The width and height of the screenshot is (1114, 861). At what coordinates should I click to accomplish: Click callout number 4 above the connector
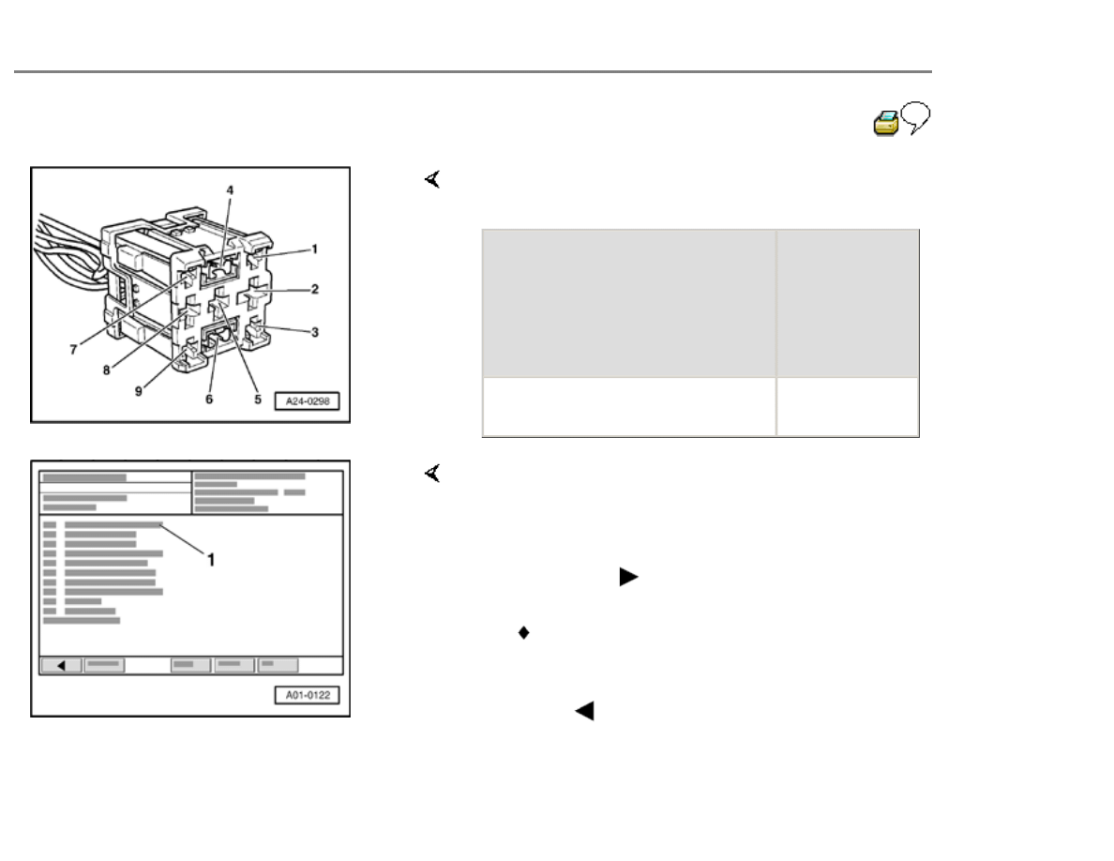[230, 190]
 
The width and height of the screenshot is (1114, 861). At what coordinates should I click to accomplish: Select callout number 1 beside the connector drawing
[315, 249]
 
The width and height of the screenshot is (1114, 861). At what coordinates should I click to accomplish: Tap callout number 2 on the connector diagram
[315, 289]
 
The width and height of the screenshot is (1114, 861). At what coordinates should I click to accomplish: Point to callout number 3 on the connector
[315, 332]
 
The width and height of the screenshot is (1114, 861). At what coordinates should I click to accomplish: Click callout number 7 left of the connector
[73, 350]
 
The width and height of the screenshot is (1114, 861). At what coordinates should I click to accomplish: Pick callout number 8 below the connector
[107, 370]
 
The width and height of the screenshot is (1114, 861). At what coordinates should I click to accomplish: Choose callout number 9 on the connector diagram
[139, 391]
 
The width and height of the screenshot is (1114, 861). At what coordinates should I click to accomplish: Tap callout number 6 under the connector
[209, 400]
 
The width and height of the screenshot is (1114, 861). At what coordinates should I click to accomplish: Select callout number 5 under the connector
[258, 400]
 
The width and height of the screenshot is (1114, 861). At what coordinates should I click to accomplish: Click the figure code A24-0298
[308, 401]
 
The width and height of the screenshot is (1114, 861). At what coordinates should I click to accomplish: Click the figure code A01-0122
[308, 696]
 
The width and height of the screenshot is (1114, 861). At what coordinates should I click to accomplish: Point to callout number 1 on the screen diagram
[211, 560]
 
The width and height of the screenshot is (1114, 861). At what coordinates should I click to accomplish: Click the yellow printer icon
[886, 123]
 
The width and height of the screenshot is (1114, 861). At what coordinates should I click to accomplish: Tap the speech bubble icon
[916, 115]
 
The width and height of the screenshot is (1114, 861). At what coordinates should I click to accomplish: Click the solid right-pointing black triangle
[629, 577]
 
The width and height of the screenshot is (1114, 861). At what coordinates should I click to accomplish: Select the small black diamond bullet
[523, 632]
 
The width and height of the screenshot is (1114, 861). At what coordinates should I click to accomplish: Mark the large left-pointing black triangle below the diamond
[584, 711]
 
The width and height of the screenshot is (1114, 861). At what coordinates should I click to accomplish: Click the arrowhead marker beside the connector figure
[432, 179]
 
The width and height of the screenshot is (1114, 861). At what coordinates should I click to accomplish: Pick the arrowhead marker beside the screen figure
[432, 473]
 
